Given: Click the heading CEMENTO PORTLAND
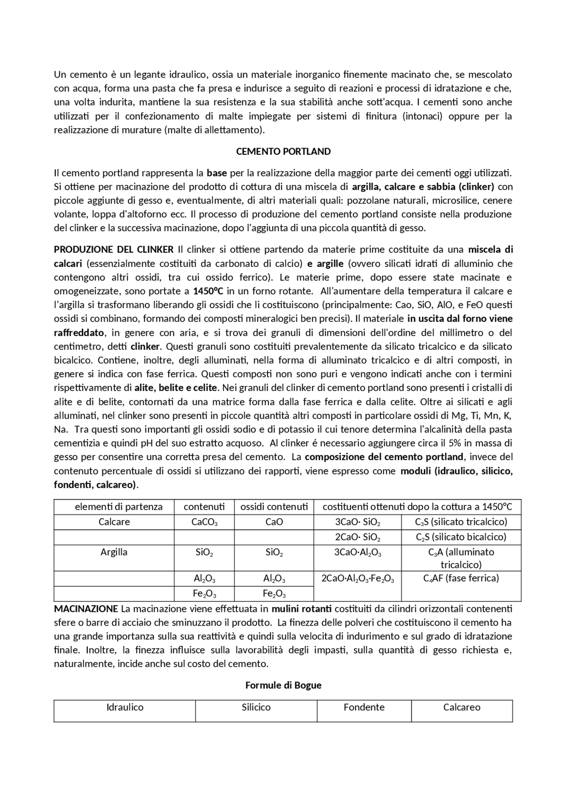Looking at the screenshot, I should point(283,152).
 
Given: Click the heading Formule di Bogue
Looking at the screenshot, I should point(283,685).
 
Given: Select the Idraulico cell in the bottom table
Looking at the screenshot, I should point(124,707).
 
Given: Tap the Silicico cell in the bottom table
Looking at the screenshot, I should point(256,707).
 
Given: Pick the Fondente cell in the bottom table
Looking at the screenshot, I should point(364,707).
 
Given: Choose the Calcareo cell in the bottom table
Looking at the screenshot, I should point(462,707).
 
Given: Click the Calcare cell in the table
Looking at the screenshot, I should point(114,522).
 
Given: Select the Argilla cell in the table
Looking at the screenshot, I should point(114,552).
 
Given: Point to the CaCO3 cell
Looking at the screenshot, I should point(204,522).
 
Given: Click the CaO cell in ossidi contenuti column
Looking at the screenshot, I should point(274,522).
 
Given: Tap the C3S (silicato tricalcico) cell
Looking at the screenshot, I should point(461,522).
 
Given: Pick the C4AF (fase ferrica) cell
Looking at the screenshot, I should point(461,578).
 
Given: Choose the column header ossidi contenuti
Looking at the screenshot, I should point(274,507).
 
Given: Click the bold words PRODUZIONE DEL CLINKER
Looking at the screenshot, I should point(113,250).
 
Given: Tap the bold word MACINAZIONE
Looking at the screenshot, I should point(86,609).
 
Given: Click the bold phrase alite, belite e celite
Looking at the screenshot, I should point(176,388).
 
